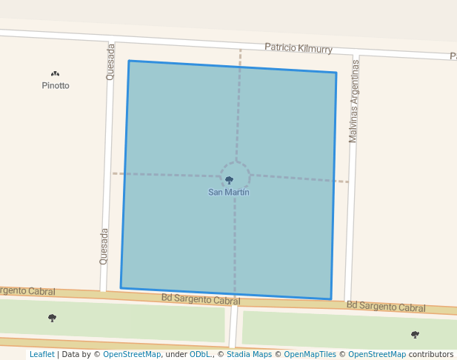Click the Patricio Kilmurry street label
(298, 48)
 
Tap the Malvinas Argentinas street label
(354, 101)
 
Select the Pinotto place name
(56, 86)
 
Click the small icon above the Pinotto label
(55, 73)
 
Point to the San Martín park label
(228, 193)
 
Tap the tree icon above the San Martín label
(229, 180)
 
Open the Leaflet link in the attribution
(41, 355)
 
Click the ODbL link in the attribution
(199, 355)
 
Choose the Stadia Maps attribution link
(249, 355)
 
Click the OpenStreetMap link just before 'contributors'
(377, 355)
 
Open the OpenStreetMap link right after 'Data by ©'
(132, 355)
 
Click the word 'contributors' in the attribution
(430, 355)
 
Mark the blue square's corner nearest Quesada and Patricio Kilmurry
(129, 61)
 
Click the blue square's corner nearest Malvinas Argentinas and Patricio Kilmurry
(336, 73)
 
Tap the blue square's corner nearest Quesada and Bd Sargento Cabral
(121, 288)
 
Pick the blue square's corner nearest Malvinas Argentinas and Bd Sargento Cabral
(330, 299)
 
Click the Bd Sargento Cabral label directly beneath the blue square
(201, 299)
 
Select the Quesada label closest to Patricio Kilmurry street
(111, 61)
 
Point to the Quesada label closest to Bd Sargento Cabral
(104, 246)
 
